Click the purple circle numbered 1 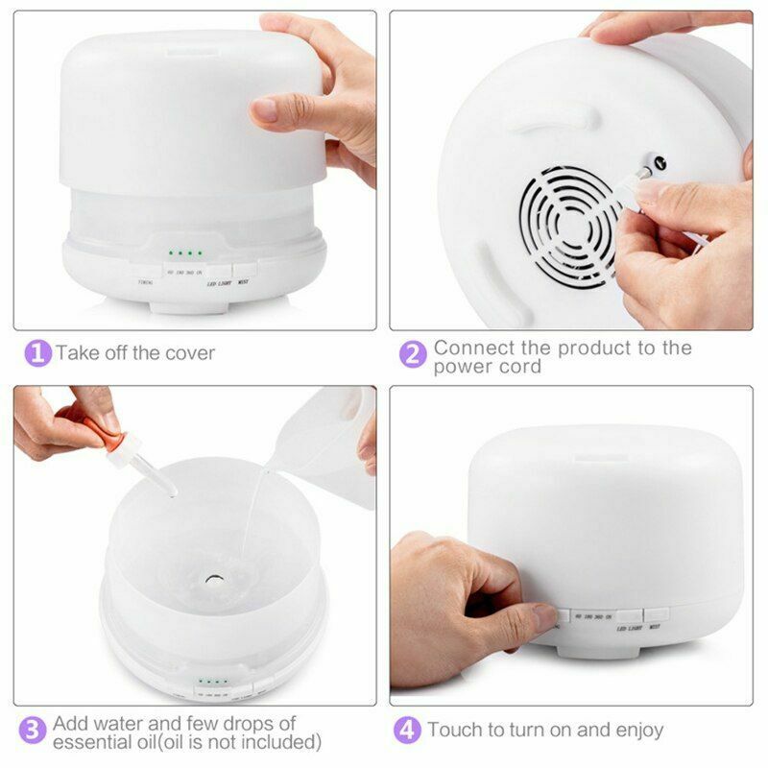point(36,352)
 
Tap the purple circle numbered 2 point(413,354)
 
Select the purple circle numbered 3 point(34,731)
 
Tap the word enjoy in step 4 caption point(634,731)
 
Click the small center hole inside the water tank point(210,580)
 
